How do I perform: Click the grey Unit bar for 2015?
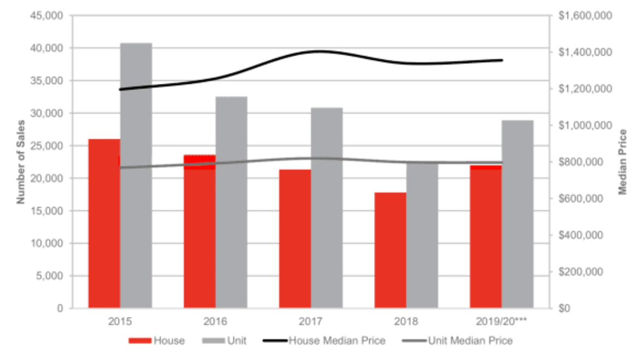click(x=136, y=175)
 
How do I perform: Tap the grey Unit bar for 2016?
click(x=232, y=202)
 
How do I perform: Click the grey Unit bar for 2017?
click(x=327, y=208)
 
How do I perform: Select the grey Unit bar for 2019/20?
click(x=517, y=214)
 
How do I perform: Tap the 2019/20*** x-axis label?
click(x=501, y=320)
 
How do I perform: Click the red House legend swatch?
click(x=140, y=341)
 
